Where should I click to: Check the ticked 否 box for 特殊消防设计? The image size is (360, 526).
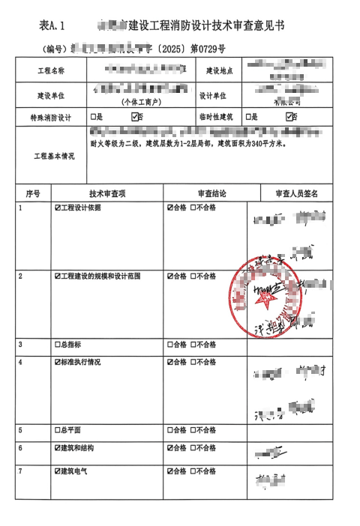coord(136,117)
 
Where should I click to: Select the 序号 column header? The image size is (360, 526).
coord(32,193)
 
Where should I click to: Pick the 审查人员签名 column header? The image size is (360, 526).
coord(296,193)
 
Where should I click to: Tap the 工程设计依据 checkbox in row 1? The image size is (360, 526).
coord(57,208)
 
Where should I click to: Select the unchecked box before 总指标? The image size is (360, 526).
coord(57,345)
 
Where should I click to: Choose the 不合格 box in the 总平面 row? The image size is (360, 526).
coord(193,431)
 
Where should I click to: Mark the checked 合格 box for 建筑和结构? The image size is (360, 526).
coord(170,448)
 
